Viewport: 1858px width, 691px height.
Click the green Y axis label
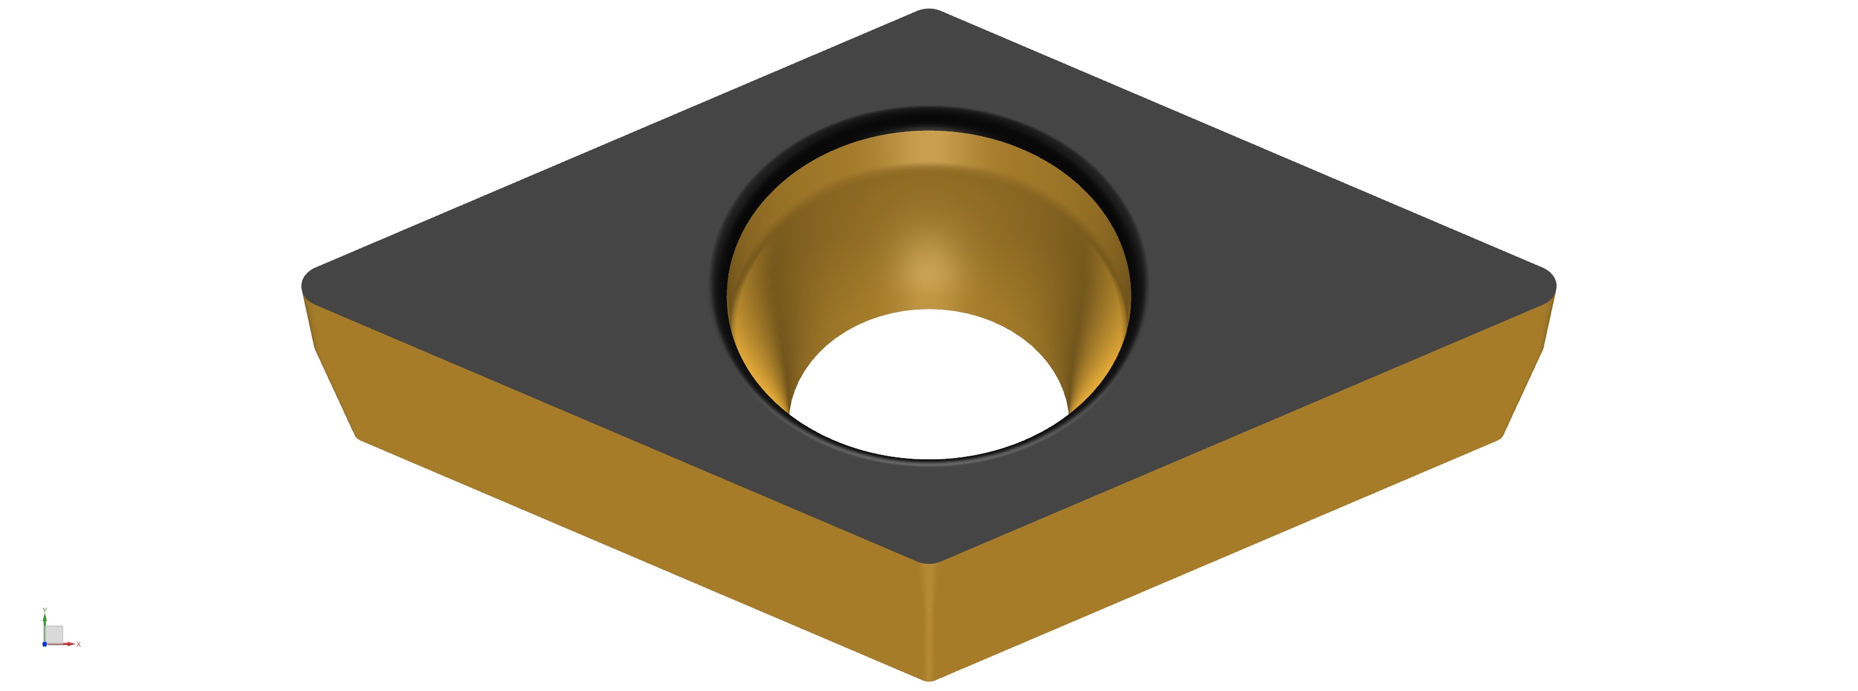45,610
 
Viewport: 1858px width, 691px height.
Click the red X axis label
78,644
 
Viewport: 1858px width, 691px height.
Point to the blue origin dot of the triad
45,644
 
